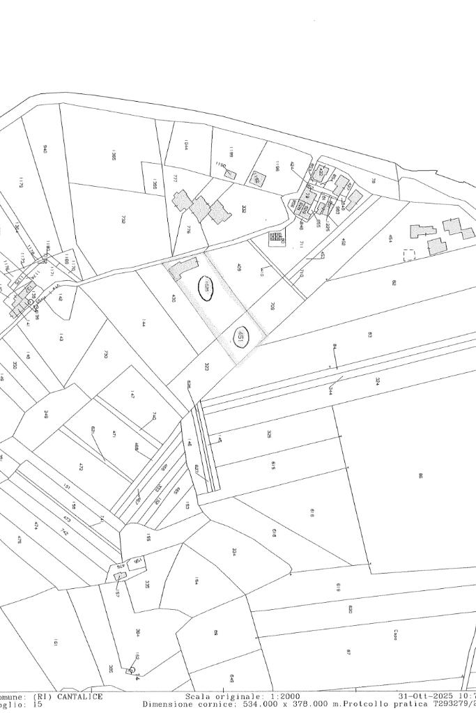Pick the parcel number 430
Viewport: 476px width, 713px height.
(174, 298)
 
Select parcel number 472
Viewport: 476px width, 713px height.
(81, 466)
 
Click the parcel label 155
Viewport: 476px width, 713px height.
(148, 537)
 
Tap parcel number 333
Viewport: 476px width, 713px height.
(243, 208)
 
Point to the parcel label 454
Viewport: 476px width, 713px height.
(390, 238)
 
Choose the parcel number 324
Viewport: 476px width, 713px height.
(377, 381)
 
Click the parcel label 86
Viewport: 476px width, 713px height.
(420, 476)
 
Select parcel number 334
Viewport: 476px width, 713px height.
(234, 552)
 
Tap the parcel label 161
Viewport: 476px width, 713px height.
(55, 642)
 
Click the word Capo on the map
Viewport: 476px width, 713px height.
(395, 635)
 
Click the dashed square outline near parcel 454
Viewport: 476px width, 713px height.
(408, 255)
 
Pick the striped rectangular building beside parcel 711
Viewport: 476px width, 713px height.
(276, 238)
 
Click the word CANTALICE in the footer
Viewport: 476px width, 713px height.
(80, 696)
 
